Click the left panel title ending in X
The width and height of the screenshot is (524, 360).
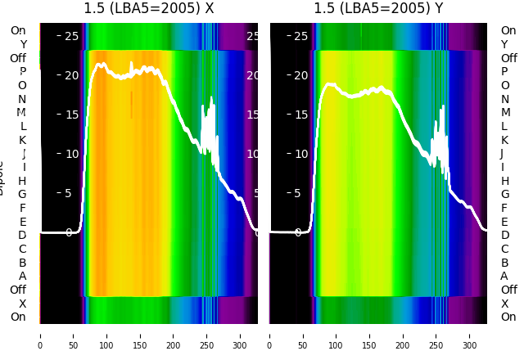149,8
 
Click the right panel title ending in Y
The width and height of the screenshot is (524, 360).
378,8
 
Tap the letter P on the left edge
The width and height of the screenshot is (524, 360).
23,72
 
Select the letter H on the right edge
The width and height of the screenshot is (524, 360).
504,181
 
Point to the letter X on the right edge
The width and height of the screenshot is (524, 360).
504,304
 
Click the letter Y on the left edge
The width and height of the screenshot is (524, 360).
23,45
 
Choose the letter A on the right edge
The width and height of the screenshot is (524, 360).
504,277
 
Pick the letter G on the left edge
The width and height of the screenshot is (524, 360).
22,195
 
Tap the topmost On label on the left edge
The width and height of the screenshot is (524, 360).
18,31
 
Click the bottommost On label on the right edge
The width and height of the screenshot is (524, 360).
508,317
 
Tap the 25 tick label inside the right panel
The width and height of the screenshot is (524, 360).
300,36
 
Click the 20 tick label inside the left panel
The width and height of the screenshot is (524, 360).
71,75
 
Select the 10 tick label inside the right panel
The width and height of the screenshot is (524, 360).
300,154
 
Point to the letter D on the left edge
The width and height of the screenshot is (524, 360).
22,236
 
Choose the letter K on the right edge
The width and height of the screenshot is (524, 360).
504,140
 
